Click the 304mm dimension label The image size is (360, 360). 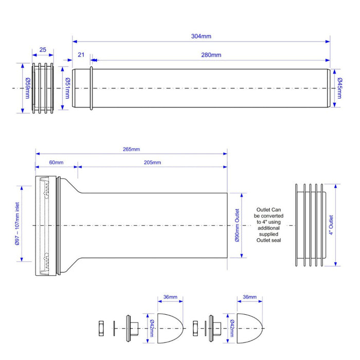click(x=201, y=36)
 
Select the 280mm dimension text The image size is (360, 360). click(x=211, y=55)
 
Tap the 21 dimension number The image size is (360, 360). click(x=81, y=55)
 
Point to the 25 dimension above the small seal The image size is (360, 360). click(x=43, y=50)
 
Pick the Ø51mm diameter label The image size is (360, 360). click(x=67, y=88)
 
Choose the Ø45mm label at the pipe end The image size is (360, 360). click(x=340, y=88)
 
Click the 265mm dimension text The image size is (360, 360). click(x=131, y=150)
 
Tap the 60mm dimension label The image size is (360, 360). click(x=56, y=163)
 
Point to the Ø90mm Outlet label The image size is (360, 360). click(x=237, y=225)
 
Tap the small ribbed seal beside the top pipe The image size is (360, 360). click(x=43, y=88)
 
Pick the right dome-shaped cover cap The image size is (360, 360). click(x=249, y=328)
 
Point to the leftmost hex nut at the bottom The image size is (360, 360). click(x=101, y=328)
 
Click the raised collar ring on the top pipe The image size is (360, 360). click(x=91, y=88)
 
